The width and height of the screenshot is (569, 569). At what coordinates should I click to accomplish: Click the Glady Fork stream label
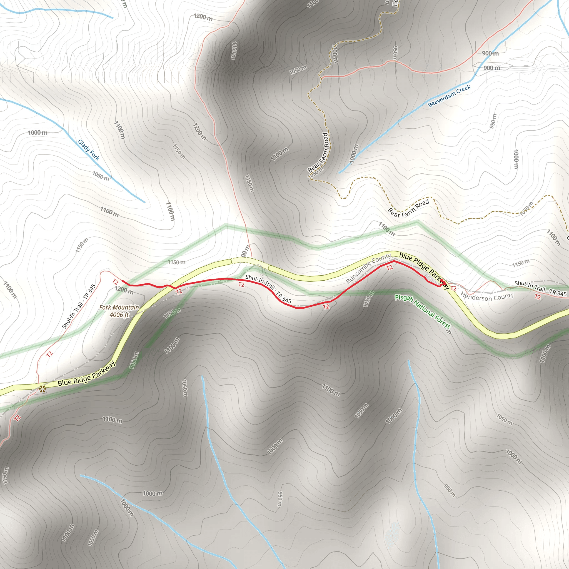[88, 150]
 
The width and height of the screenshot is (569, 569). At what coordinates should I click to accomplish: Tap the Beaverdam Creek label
[449, 96]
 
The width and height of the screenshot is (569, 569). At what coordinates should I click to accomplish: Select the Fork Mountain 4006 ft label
[119, 311]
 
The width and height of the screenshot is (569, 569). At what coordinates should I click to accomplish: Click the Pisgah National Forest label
[422, 311]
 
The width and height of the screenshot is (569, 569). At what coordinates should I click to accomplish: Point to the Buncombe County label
[368, 268]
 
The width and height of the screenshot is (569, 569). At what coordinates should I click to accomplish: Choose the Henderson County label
[487, 296]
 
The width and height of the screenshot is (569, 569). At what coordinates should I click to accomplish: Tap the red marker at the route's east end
[442, 281]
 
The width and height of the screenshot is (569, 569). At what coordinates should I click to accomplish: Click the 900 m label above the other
[490, 53]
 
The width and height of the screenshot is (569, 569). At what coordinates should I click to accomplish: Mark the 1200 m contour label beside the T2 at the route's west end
[124, 290]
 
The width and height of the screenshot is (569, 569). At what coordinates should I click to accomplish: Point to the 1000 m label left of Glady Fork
[38, 133]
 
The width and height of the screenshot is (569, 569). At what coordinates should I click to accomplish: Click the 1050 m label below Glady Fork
[101, 176]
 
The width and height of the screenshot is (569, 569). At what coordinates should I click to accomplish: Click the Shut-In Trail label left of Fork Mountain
[79, 306]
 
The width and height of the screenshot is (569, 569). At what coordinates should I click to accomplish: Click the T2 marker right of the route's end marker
[453, 288]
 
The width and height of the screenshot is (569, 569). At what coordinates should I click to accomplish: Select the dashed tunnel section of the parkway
[249, 261]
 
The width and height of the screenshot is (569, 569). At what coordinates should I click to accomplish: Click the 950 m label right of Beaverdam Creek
[493, 121]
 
